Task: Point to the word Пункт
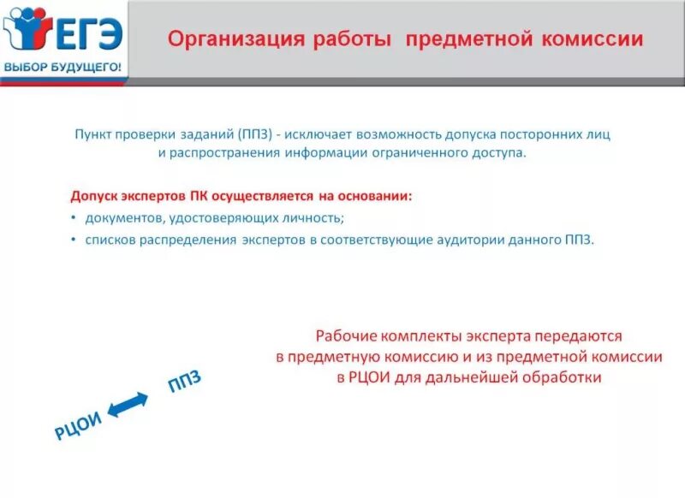(x=92, y=133)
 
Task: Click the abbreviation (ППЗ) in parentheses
(x=256, y=133)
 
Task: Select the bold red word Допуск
(x=94, y=196)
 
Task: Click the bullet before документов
(x=74, y=218)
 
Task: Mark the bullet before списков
(x=74, y=240)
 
